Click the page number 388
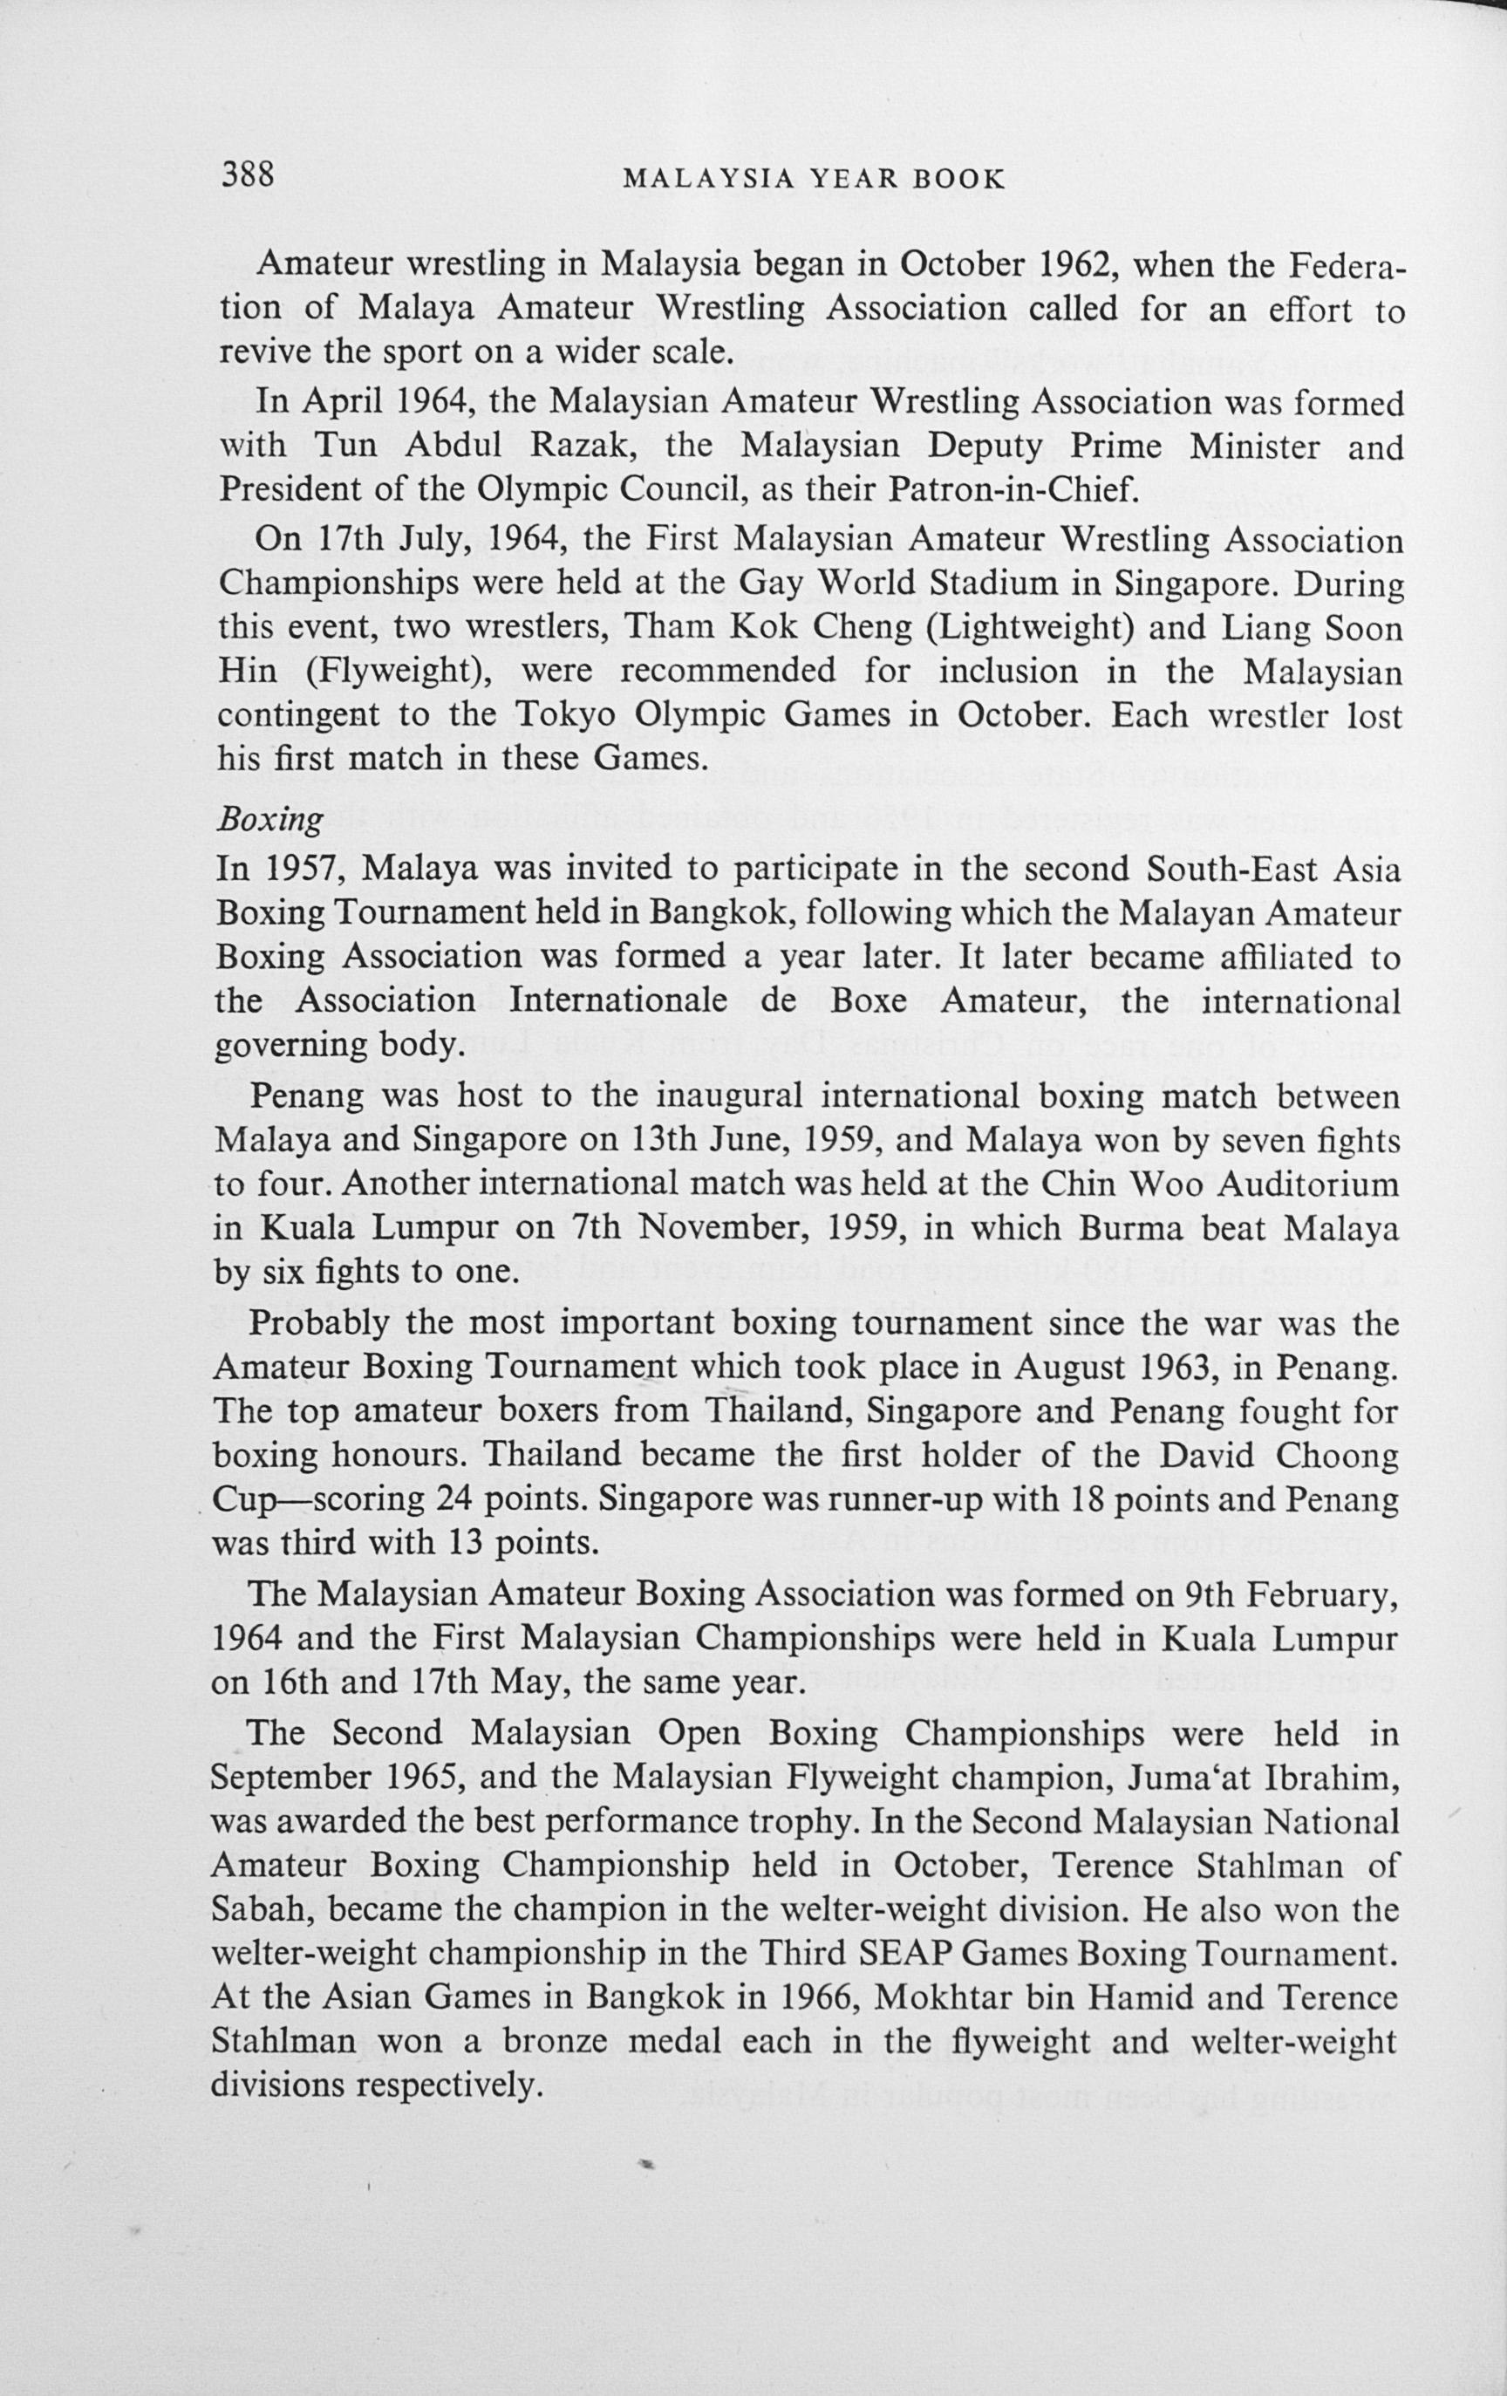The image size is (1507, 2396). [247, 174]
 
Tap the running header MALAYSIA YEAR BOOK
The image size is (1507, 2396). [813, 179]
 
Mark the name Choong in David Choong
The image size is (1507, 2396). [1345, 1456]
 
